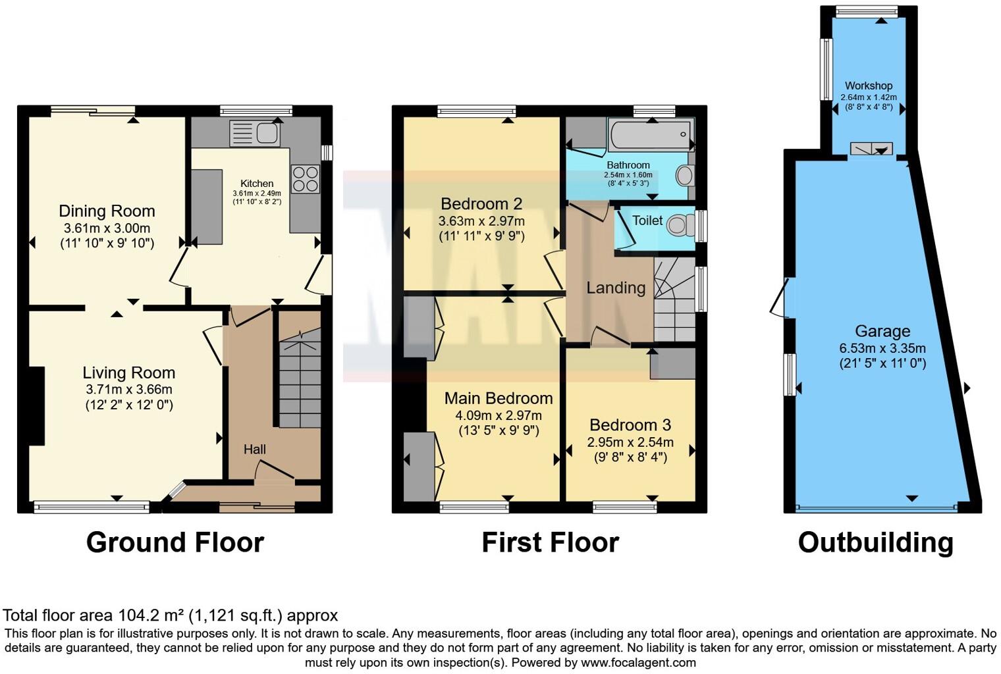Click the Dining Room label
[x=107, y=211]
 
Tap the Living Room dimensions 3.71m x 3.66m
[x=129, y=390]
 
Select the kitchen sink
[x=255, y=134]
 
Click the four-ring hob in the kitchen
[x=306, y=178]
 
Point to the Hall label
[x=255, y=450]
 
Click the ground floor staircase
[x=300, y=382]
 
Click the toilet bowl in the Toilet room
[x=678, y=226]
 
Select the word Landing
[x=616, y=288]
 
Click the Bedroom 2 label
[x=481, y=203]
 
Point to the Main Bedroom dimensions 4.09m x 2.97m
[x=499, y=415]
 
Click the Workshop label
[x=869, y=86]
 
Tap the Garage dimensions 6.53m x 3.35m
[x=882, y=348]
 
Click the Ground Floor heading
[x=175, y=542]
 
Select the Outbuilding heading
[x=875, y=542]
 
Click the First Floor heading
[x=550, y=542]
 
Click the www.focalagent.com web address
[x=638, y=663]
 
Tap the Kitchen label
[x=257, y=184]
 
